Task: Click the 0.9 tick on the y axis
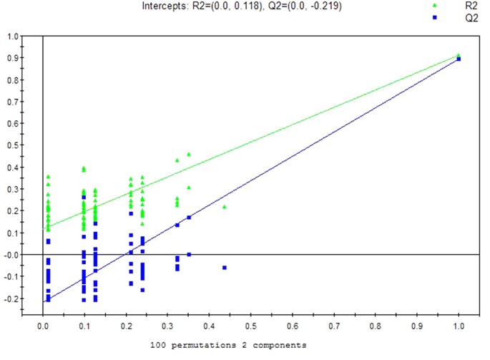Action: pos(14,56)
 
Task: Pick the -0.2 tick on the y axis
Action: pos(13,298)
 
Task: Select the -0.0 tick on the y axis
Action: pos(13,254)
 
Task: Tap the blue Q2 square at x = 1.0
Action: pos(459,59)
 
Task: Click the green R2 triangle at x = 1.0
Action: pos(459,55)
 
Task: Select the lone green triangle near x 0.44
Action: pos(225,207)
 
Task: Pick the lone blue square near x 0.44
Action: pos(225,268)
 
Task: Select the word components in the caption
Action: pos(280,345)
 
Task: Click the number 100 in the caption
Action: pos(160,345)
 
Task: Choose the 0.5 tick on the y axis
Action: pos(14,145)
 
